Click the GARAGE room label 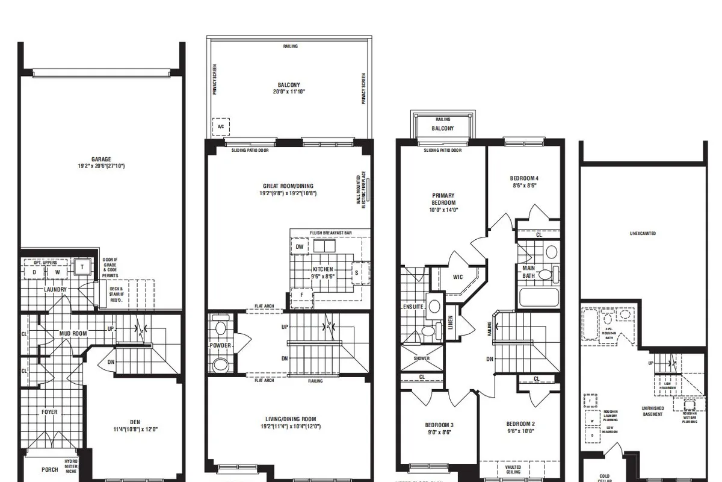click(101, 159)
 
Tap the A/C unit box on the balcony click(221, 127)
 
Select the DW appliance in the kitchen click(299, 246)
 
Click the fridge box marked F click(301, 296)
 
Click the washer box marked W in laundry click(57, 272)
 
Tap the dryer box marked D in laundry click(34, 272)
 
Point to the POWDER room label click(220, 345)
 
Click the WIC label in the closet click(458, 277)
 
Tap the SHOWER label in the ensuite click(422, 358)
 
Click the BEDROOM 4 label click(523, 178)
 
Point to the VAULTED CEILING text click(513, 469)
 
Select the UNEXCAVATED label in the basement click(643, 233)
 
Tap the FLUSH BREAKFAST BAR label click(330, 233)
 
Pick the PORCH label click(50, 469)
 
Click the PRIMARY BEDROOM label click(443, 199)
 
